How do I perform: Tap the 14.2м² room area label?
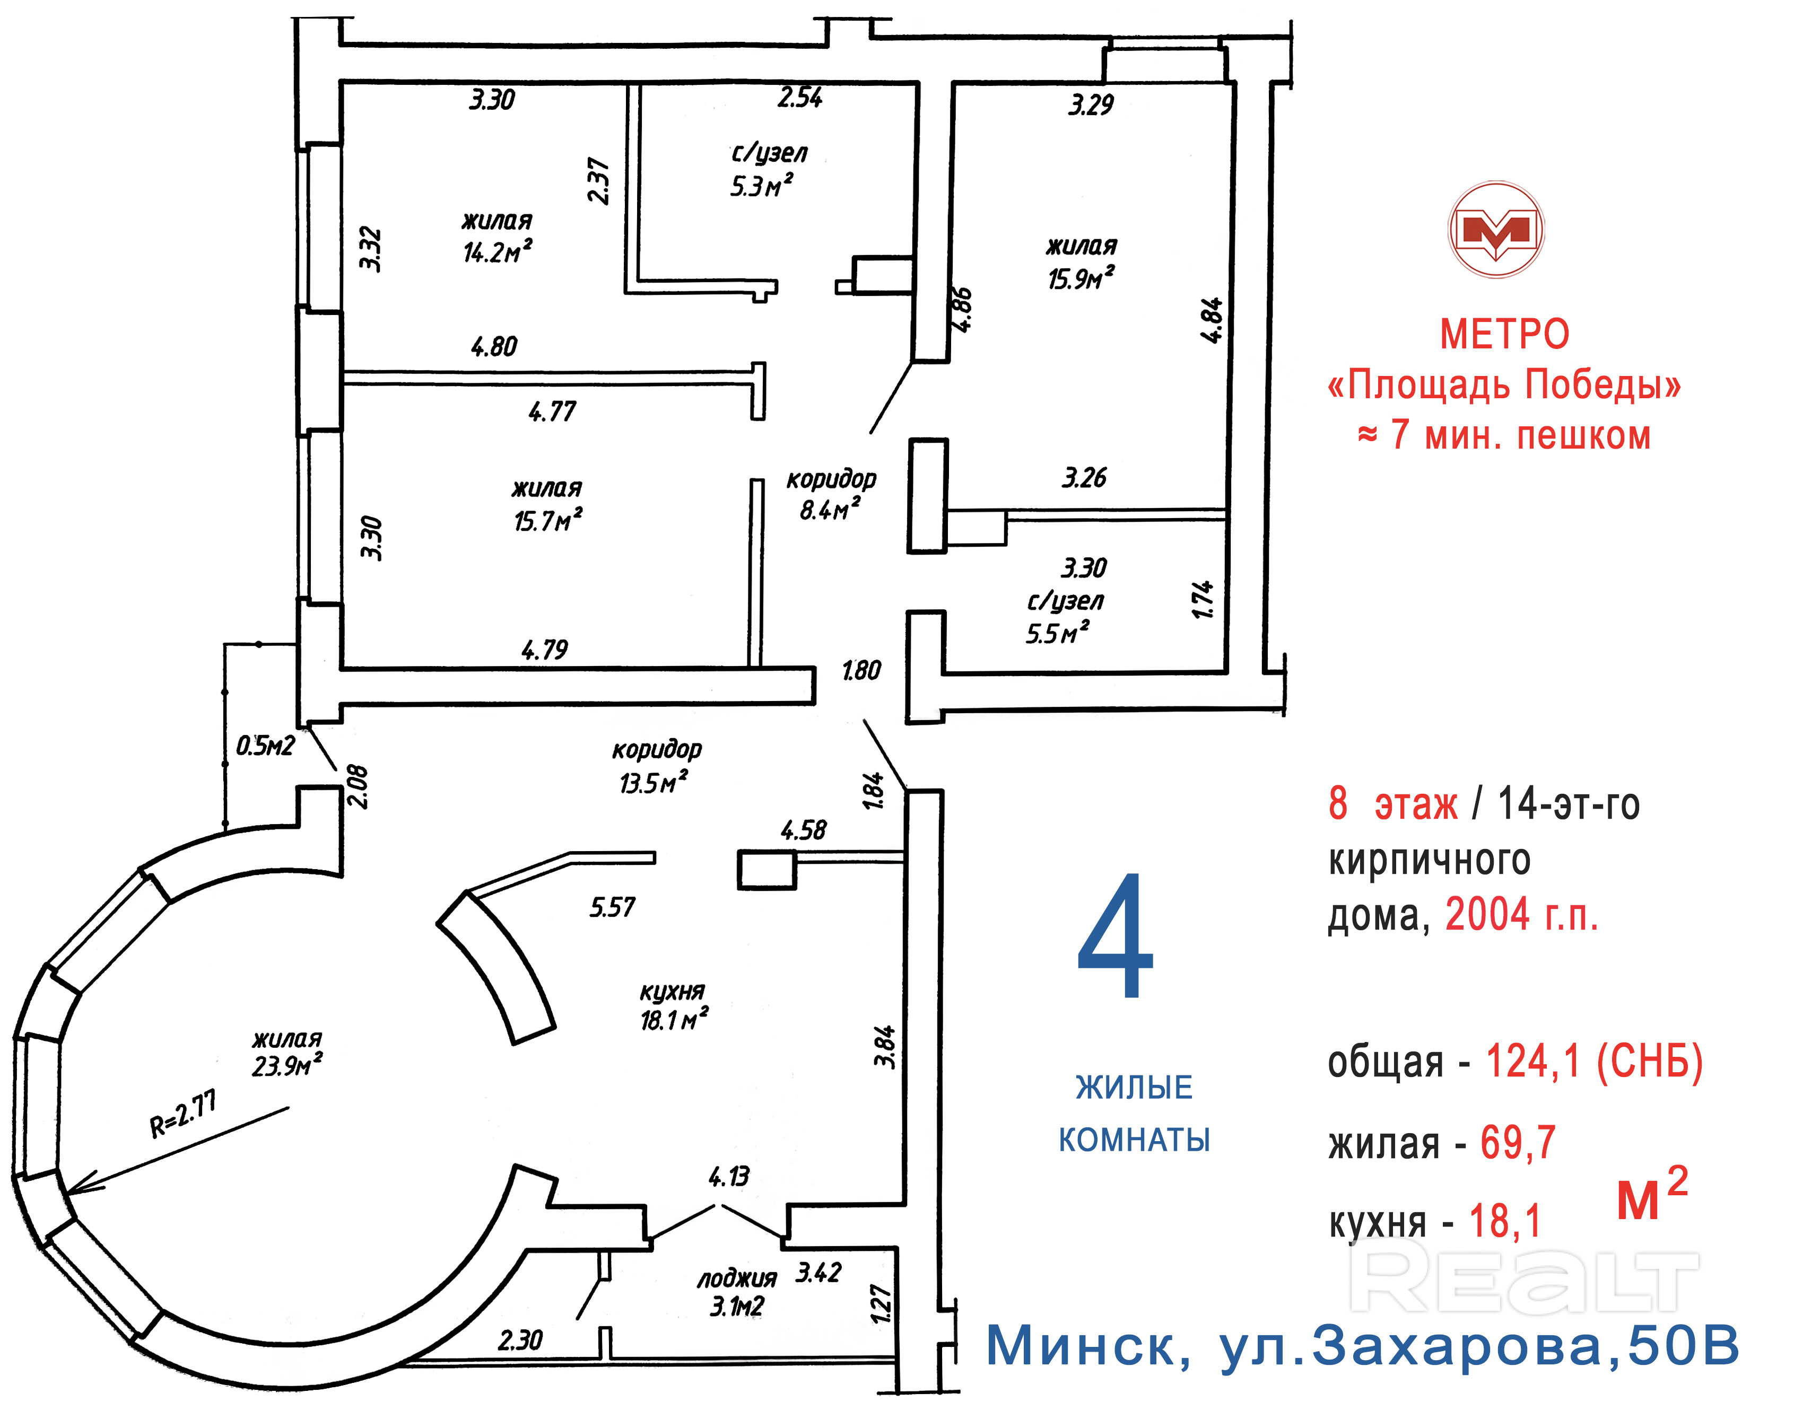[497, 251]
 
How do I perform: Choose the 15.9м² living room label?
[1081, 278]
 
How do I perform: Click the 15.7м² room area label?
[547, 520]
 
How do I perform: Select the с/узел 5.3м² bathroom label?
[767, 170]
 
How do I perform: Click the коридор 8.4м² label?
[831, 495]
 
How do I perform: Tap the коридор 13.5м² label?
[656, 766]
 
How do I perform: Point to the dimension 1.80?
[861, 670]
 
